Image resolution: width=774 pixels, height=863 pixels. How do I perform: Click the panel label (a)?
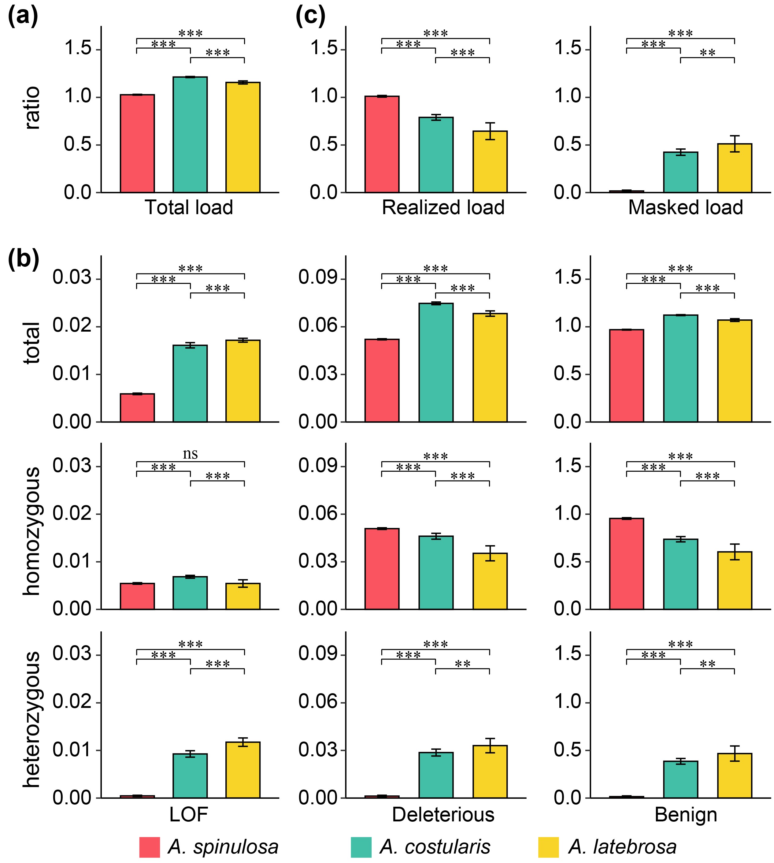tap(23, 17)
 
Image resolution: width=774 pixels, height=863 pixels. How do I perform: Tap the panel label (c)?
tap(310, 17)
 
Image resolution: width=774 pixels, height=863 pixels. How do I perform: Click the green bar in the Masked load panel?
tap(680, 172)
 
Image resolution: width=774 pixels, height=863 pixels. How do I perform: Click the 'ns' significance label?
tap(190, 454)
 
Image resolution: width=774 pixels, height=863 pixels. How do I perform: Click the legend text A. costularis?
tap(435, 847)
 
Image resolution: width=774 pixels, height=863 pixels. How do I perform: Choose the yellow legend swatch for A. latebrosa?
tap(548, 847)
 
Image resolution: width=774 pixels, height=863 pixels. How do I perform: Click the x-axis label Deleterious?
tap(443, 815)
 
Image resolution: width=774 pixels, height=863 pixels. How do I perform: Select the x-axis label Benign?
tap(686, 815)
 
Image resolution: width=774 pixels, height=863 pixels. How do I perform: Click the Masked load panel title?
tap(686, 207)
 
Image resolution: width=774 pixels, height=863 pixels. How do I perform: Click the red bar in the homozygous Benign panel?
tap(626, 564)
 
